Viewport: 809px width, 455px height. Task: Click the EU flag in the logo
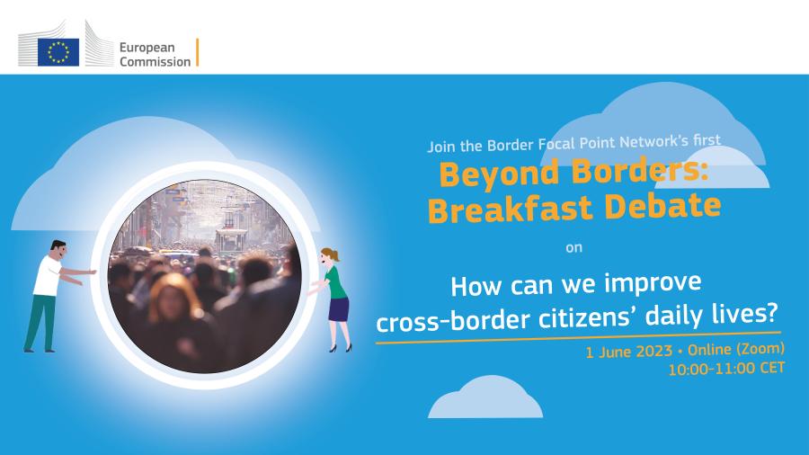pos(58,52)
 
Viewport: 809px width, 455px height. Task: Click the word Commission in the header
pos(156,61)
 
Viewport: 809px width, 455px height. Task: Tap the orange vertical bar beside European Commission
pos(197,52)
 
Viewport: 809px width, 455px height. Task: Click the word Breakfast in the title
pos(510,210)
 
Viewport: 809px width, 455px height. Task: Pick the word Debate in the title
pos(662,205)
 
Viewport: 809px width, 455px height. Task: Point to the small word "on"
pos(573,247)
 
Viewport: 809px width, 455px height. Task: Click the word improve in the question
pos(653,282)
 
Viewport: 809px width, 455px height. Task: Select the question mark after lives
pos(771,310)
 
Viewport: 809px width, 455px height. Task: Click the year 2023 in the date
pos(653,352)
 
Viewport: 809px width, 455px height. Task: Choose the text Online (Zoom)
pos(736,349)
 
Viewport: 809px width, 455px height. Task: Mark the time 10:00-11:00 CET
pos(727,369)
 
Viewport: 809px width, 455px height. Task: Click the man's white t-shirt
pos(48,276)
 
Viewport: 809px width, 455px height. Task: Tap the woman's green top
pos(336,282)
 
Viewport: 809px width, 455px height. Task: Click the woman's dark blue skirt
pos(339,309)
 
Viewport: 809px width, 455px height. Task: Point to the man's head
pos(58,250)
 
